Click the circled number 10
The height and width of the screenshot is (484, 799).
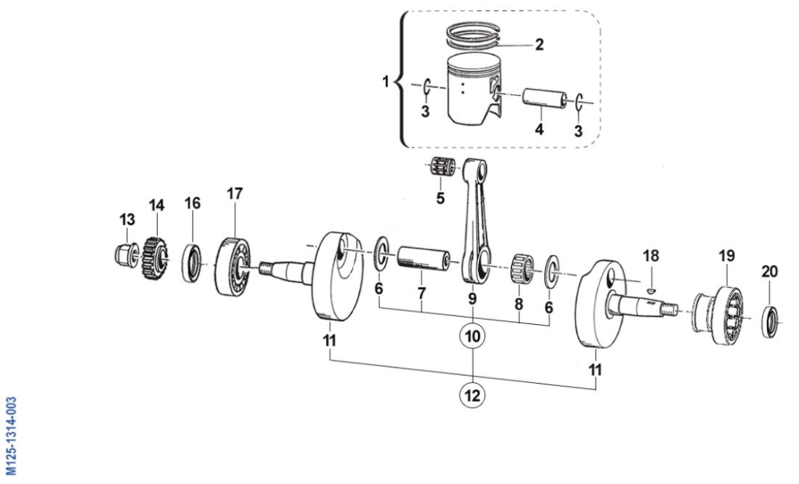[473, 336]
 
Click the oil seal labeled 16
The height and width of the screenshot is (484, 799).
[192, 263]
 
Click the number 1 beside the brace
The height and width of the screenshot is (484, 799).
[386, 82]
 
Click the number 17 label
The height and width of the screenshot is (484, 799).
[235, 194]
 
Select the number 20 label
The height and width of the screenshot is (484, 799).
[769, 272]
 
